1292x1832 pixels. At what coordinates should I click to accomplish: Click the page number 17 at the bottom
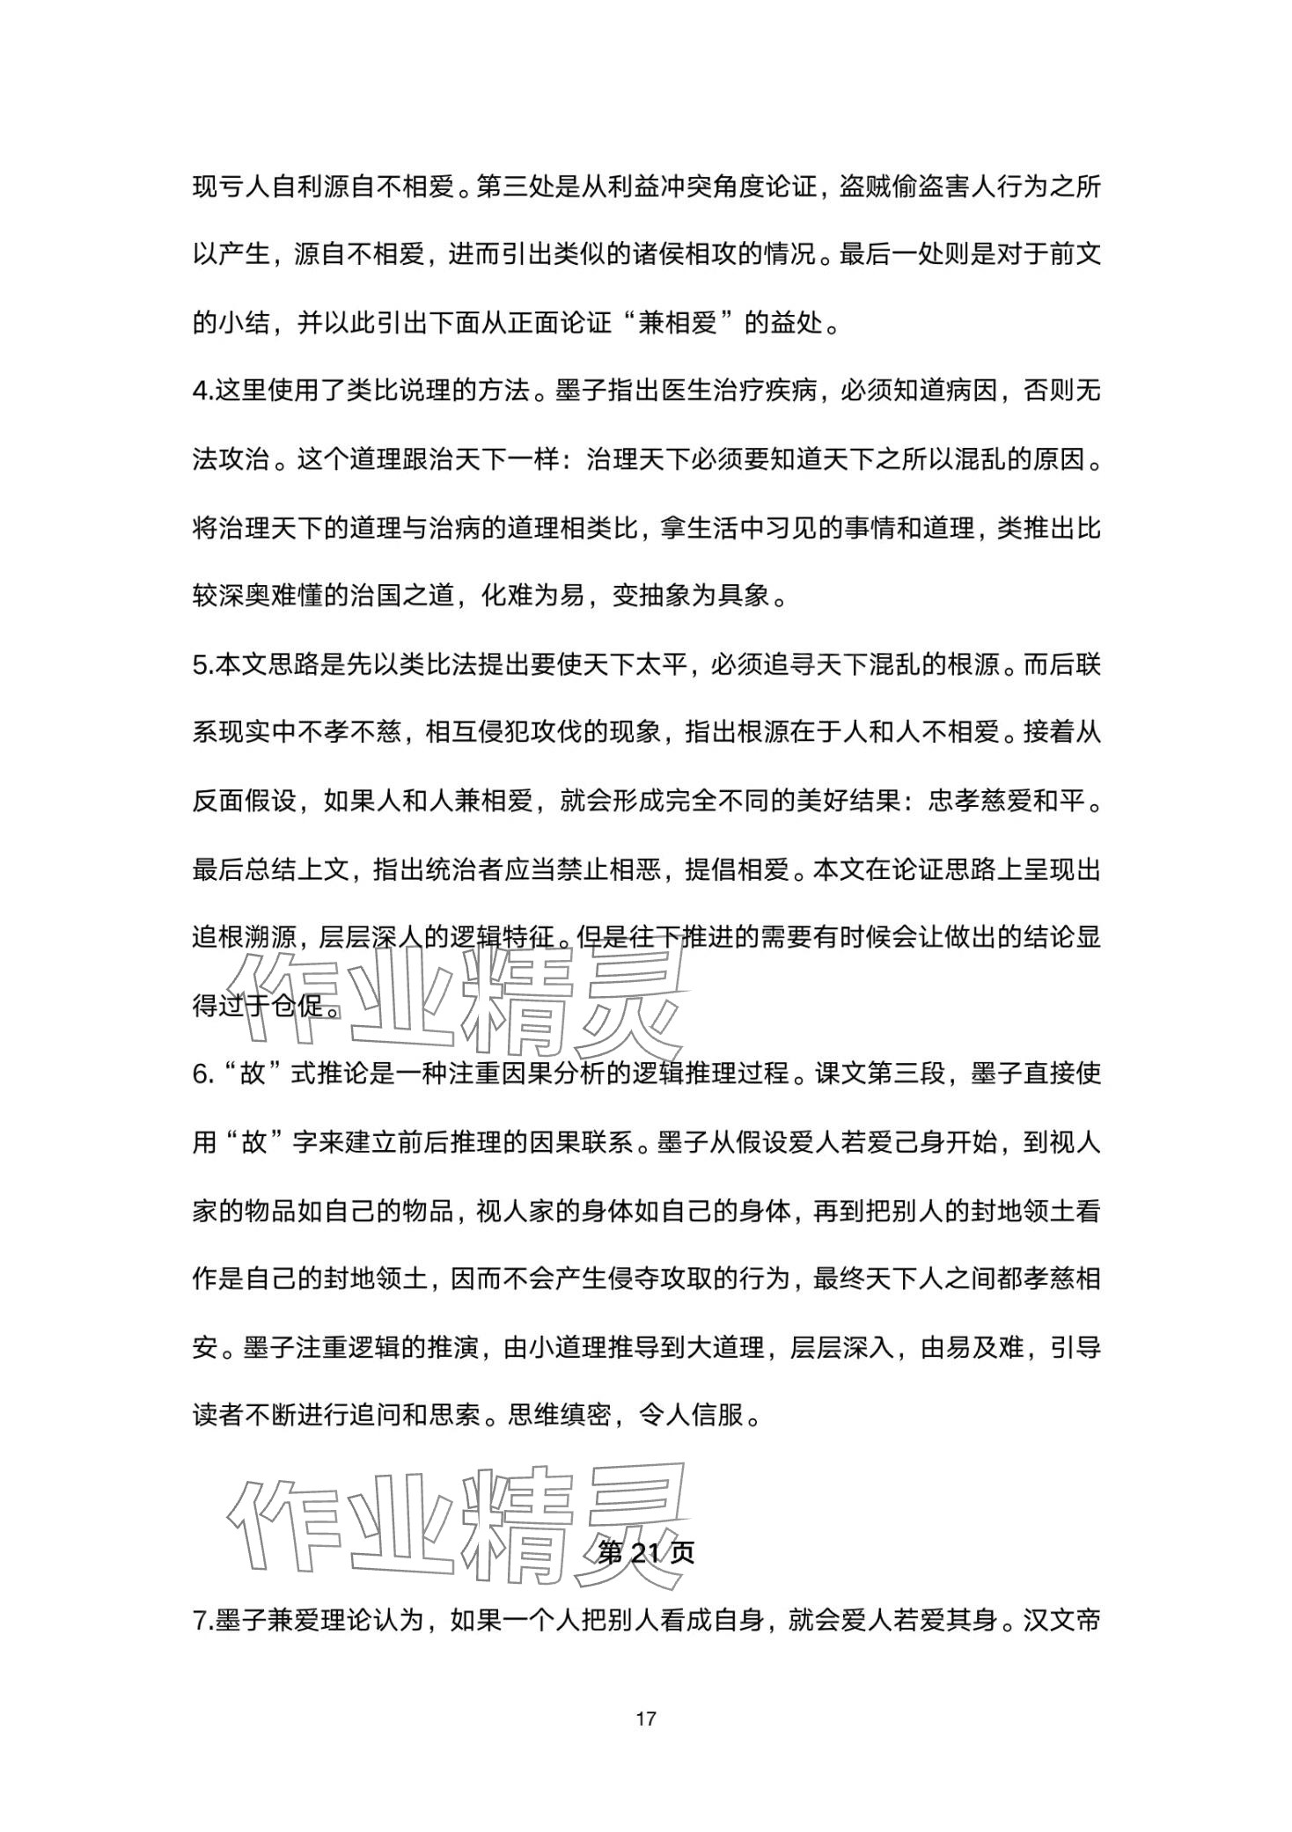[646, 1718]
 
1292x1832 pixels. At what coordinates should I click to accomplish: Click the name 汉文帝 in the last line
[1061, 1618]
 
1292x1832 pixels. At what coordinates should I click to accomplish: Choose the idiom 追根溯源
[244, 937]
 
